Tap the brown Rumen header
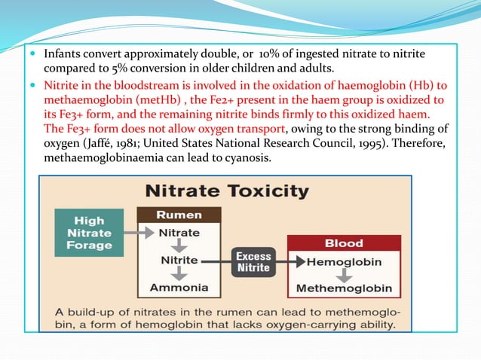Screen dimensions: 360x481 tap(179, 215)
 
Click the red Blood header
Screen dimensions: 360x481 tap(343, 243)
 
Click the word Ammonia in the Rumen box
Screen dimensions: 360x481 tap(179, 287)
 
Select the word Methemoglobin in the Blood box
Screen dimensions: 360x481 tap(343, 288)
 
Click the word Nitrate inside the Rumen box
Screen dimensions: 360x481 tap(179, 233)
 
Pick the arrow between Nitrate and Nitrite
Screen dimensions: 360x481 tap(179, 246)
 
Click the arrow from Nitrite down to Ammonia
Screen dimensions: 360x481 tap(179, 273)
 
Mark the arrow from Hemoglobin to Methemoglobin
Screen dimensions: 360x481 tap(343, 275)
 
